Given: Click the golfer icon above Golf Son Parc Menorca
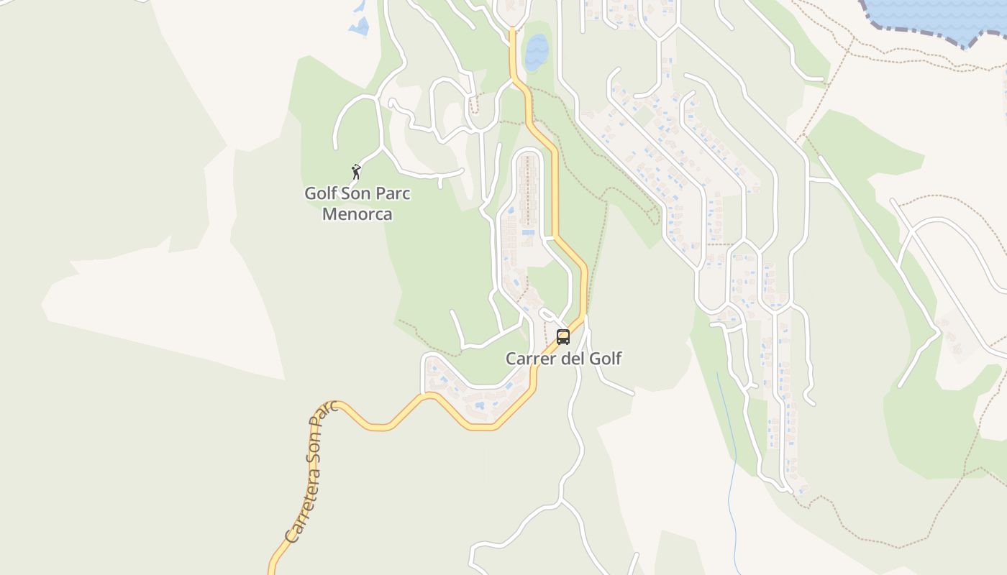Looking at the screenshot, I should click(356, 172).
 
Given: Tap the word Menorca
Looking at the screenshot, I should click(357, 214).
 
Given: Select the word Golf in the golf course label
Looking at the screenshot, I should click(321, 193).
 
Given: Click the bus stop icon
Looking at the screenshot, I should click(563, 336).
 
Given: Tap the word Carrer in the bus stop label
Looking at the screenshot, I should click(530, 359).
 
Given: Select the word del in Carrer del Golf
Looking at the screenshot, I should click(571, 359).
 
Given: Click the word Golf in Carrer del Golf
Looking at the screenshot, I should click(605, 359).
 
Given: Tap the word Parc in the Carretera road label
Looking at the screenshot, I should click(327, 416).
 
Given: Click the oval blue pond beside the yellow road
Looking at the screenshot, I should click(536, 52).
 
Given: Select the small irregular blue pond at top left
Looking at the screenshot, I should click(359, 27).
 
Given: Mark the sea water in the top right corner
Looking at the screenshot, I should click(935, 14).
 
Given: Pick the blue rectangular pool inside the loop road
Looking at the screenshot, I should click(528, 232).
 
